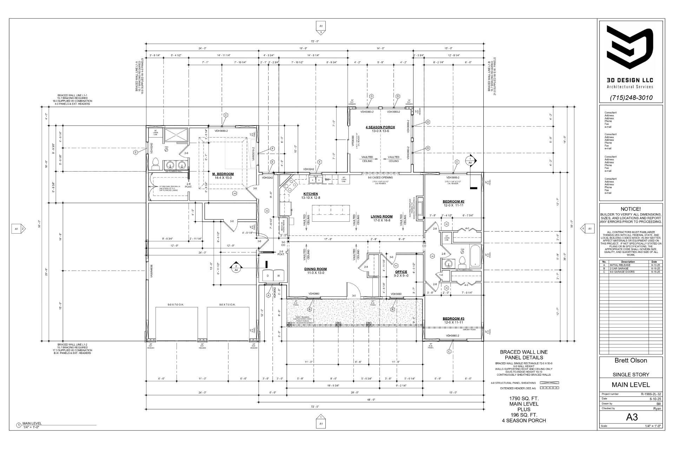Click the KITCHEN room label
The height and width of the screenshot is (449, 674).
click(310, 194)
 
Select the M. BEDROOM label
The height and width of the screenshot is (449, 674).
click(223, 174)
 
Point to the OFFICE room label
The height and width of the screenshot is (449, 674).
click(401, 272)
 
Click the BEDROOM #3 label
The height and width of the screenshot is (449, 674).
click(453, 319)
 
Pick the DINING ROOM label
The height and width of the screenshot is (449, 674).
click(315, 269)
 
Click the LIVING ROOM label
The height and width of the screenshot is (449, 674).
click(382, 216)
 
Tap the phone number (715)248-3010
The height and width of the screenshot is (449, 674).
click(631, 98)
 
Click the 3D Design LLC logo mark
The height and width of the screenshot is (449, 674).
click(630, 49)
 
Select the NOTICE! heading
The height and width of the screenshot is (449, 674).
click(630, 209)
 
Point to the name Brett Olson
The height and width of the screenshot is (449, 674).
click(630, 360)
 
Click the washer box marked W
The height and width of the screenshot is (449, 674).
click(279, 276)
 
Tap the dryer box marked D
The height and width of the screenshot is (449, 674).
click(268, 276)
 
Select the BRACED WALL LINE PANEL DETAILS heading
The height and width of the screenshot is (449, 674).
click(523, 355)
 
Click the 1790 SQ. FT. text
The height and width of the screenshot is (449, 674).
click(524, 398)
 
